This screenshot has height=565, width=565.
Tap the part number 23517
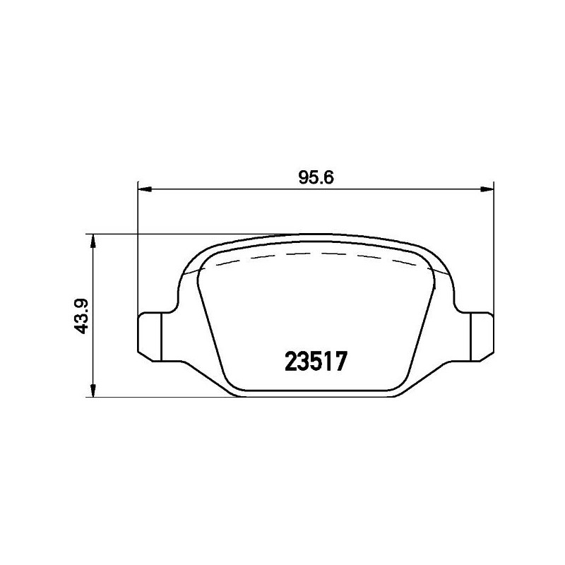316,362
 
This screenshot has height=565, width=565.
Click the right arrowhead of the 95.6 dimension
487,189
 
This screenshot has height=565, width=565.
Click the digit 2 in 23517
291,362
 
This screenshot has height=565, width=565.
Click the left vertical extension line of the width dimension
136,247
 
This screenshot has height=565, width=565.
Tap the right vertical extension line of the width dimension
494,247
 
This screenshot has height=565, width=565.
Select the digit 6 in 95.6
328,177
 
